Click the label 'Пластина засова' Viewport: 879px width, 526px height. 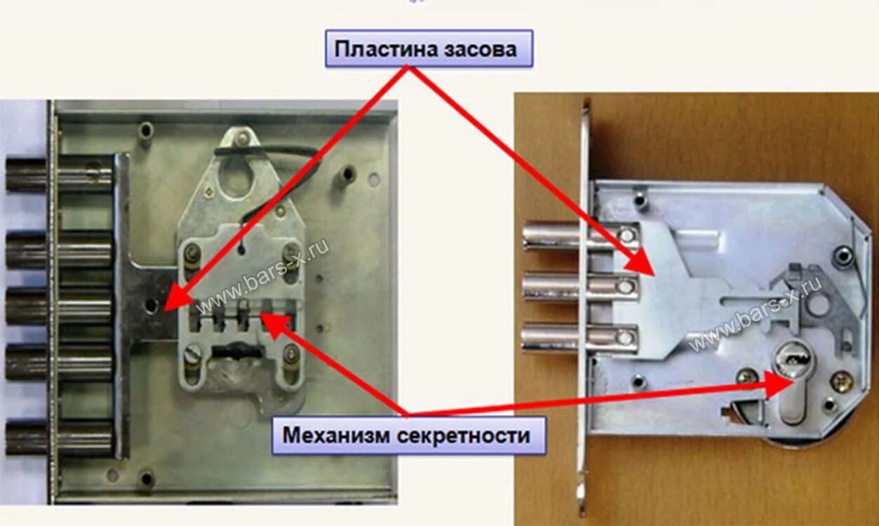pos(428,49)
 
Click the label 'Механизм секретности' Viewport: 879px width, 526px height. pos(408,435)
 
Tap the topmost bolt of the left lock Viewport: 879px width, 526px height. pos(60,175)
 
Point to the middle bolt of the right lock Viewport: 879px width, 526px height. pos(579,287)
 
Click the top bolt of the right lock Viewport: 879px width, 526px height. pos(579,236)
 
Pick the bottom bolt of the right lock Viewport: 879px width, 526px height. pos(579,337)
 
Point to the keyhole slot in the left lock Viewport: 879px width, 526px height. pos(235,349)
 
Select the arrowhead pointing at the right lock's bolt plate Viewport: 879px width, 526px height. pos(642,265)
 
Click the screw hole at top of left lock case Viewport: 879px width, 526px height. pos(145,130)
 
